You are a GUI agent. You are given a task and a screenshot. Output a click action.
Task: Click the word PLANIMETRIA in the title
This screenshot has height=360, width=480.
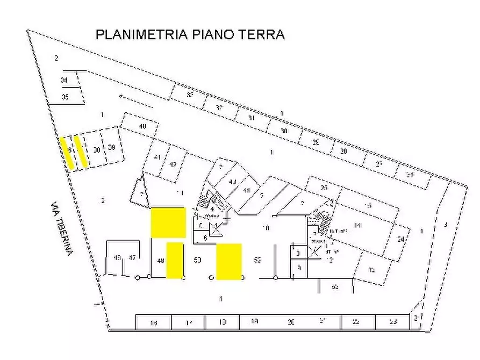[141, 35]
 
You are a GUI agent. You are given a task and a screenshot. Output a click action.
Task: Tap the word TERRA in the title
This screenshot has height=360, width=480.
[263, 35]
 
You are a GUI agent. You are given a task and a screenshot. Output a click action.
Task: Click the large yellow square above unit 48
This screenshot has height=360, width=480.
[168, 222]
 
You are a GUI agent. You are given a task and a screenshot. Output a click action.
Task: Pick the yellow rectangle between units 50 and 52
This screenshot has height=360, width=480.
[228, 262]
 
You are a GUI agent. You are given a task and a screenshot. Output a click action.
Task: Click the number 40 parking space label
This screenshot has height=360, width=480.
[142, 126]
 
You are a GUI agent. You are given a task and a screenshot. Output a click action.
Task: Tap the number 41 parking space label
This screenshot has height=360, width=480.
[157, 157]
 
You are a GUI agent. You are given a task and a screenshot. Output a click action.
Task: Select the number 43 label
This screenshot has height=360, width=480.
[232, 182]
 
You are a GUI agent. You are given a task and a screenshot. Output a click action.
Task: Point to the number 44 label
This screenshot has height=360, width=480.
[247, 190]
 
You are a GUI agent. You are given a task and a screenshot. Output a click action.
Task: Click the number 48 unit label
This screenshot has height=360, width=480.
[160, 261]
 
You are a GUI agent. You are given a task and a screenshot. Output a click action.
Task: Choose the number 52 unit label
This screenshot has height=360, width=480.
[257, 261]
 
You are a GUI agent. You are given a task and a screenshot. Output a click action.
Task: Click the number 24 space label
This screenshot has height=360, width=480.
[400, 239]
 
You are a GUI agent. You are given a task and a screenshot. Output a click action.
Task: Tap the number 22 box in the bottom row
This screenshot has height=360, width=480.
[356, 322]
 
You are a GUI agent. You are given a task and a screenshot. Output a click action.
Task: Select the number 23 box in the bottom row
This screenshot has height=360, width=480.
[392, 322]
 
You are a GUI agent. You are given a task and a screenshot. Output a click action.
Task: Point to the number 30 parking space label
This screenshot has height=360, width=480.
[284, 131]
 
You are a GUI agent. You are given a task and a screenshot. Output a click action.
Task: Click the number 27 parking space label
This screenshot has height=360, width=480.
[379, 163]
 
